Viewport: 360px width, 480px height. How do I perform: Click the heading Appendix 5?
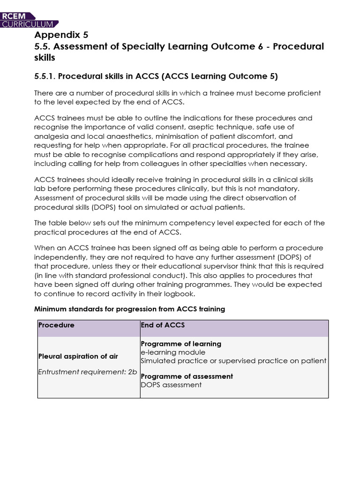tap(61, 35)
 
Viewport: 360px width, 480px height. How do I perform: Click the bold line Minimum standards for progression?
tap(130, 309)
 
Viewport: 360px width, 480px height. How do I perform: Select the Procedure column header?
tap(56, 325)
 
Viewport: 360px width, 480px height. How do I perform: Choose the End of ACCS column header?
tap(162, 325)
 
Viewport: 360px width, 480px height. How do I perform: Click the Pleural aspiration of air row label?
tap(78, 356)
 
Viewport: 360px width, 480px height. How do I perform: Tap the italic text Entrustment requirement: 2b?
tap(87, 372)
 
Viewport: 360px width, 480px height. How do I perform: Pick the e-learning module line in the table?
tap(173, 352)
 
